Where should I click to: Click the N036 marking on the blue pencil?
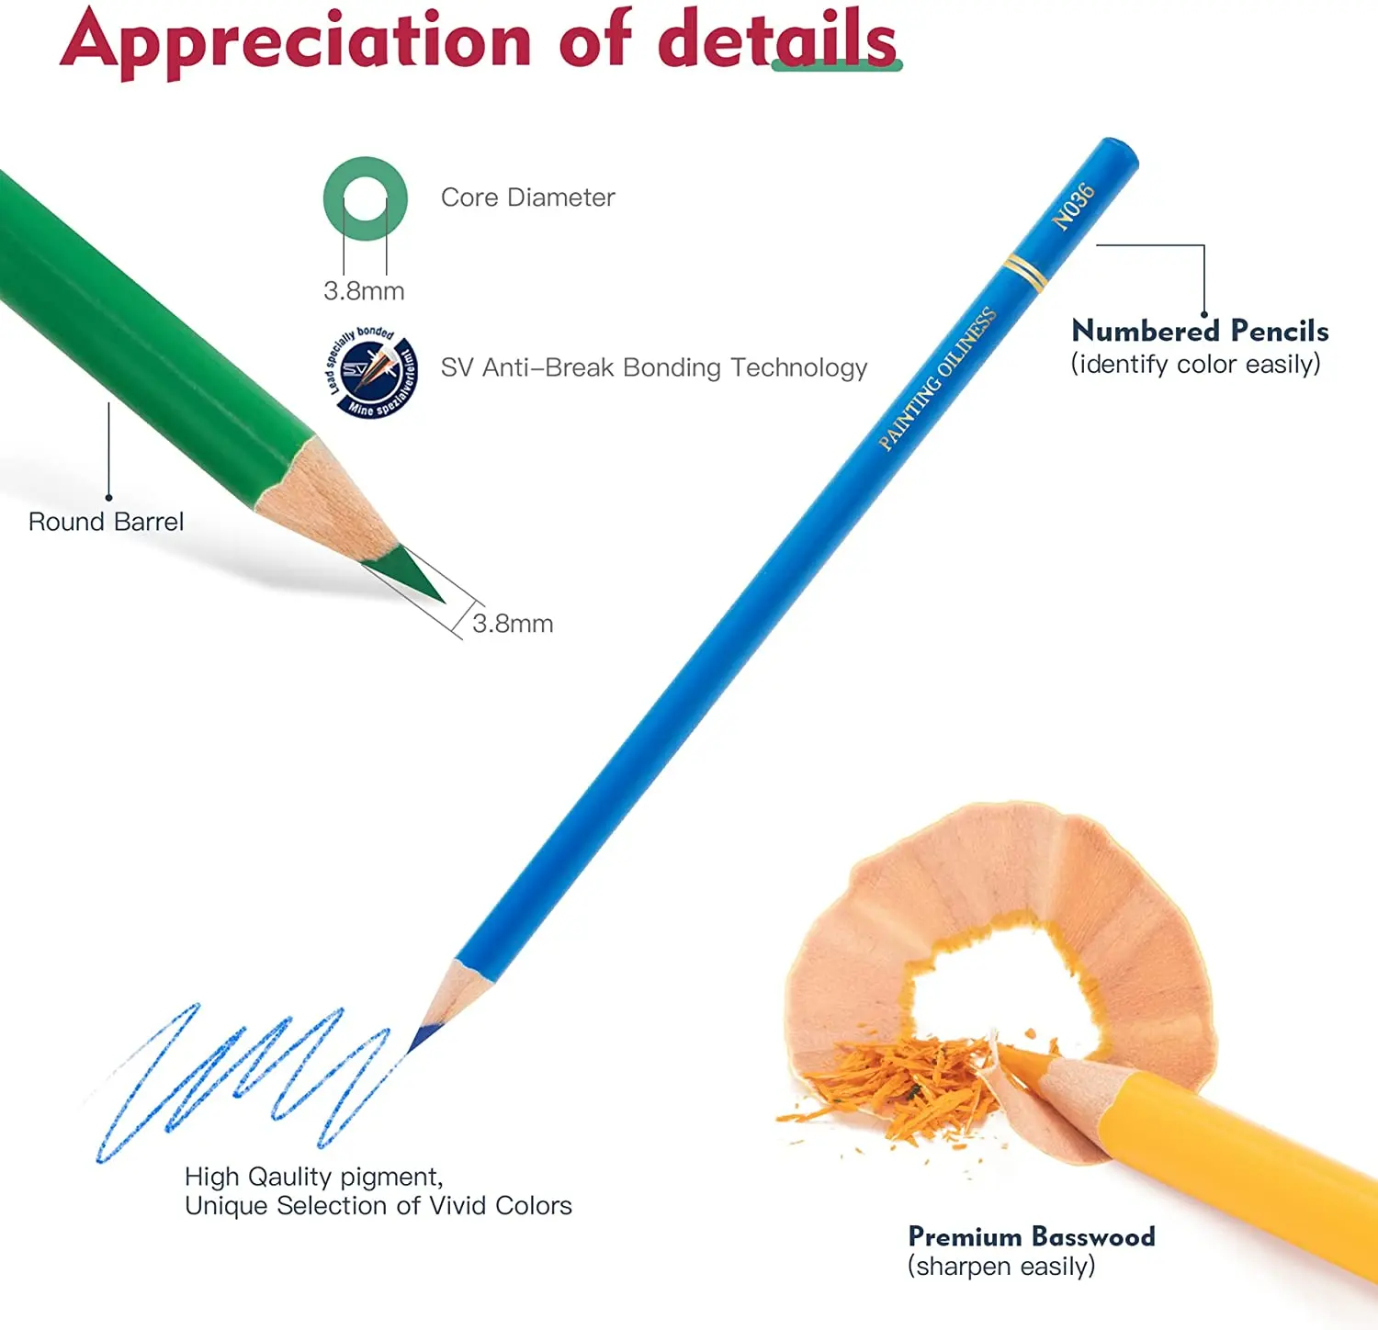pyautogui.click(x=1073, y=206)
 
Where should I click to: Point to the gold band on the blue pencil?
pyautogui.click(x=1024, y=272)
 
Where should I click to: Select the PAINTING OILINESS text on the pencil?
pyautogui.click(x=936, y=379)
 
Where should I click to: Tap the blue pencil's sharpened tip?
pyautogui.click(x=425, y=1035)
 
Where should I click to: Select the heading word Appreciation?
pyautogui.click(x=296, y=40)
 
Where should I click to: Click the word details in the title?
pyautogui.click(x=776, y=40)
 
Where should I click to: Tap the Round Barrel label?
pyautogui.click(x=106, y=522)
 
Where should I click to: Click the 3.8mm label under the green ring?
pyautogui.click(x=364, y=291)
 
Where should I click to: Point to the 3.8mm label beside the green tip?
pyautogui.click(x=513, y=624)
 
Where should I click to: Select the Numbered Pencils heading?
pyautogui.click(x=1200, y=331)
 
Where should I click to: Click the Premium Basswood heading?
pyautogui.click(x=1031, y=1236)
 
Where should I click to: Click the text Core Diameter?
pyautogui.click(x=527, y=197)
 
